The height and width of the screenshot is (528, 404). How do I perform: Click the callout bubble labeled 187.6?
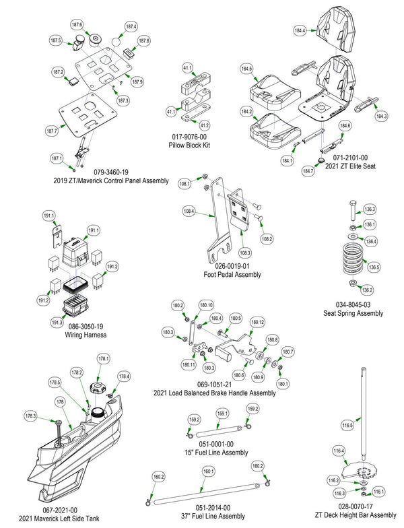click(x=77, y=25)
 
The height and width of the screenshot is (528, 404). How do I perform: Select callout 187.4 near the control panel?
click(x=131, y=26)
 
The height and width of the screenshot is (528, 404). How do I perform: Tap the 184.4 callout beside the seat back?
click(x=300, y=31)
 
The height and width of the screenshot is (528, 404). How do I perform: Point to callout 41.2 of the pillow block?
click(x=205, y=125)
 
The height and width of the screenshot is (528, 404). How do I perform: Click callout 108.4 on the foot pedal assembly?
click(x=189, y=211)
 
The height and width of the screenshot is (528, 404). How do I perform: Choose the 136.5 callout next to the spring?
click(x=374, y=267)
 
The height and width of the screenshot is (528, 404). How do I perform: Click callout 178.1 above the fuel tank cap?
click(x=104, y=358)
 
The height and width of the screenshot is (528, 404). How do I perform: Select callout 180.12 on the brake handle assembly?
click(x=257, y=323)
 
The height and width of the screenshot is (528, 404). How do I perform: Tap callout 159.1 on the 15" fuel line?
click(x=222, y=414)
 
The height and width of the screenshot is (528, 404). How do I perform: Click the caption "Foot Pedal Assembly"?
click(x=232, y=274)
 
